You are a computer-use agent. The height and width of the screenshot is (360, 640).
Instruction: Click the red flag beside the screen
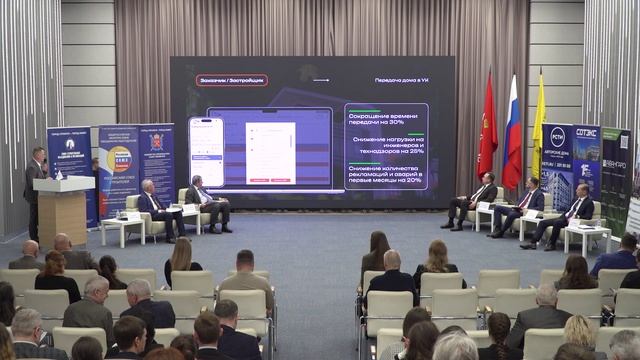click(488, 141)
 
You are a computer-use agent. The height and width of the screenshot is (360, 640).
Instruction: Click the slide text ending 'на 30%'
click(385, 117)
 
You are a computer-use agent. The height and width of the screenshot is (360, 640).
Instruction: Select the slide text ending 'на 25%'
click(385, 145)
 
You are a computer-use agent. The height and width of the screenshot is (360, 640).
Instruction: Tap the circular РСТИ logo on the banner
click(557, 137)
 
